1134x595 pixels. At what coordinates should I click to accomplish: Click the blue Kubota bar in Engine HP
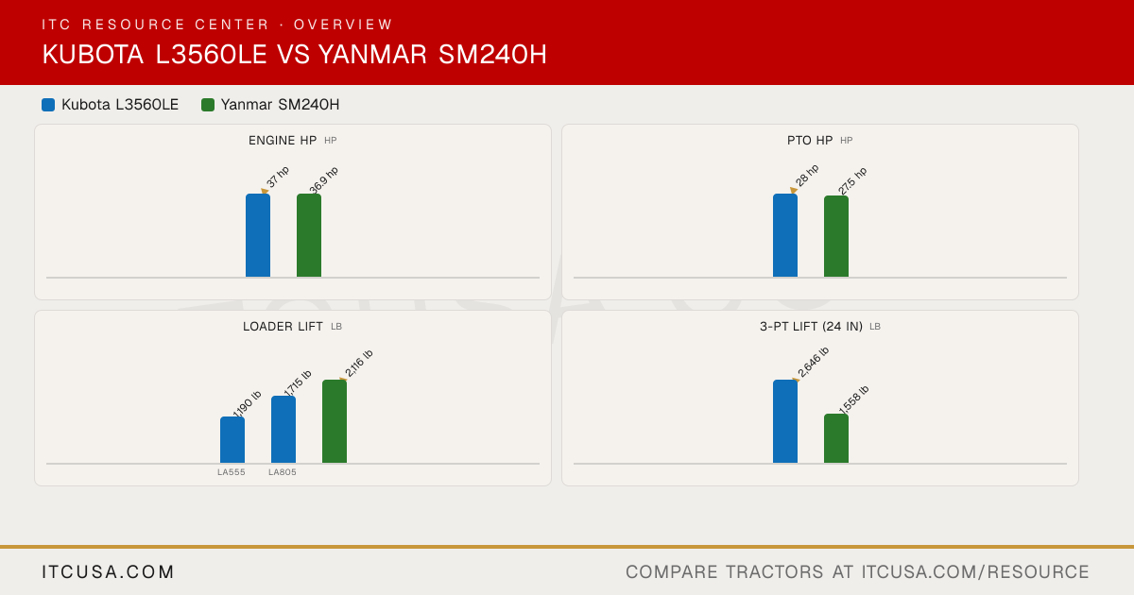258,235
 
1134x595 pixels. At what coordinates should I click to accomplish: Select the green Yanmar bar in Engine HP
309,235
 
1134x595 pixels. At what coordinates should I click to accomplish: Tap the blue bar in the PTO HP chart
785,235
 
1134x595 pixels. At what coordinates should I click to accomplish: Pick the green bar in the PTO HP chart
836,236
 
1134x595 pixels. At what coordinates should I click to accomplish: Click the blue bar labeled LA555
232,440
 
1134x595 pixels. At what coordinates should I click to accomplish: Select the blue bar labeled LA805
283,430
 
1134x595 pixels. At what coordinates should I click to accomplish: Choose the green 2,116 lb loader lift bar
335,421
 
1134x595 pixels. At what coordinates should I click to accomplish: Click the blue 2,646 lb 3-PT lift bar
785,421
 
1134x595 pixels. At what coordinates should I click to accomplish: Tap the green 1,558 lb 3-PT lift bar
836,438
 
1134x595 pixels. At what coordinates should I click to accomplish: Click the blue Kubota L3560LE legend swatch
48,105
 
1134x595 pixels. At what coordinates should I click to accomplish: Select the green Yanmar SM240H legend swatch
208,105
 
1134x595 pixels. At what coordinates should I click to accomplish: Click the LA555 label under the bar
232,472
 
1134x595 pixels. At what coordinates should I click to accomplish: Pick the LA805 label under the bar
283,472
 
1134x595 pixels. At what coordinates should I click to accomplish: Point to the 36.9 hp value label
323,180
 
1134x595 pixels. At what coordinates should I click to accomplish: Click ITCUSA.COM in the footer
108,571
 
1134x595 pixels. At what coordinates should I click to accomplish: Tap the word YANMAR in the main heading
372,55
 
